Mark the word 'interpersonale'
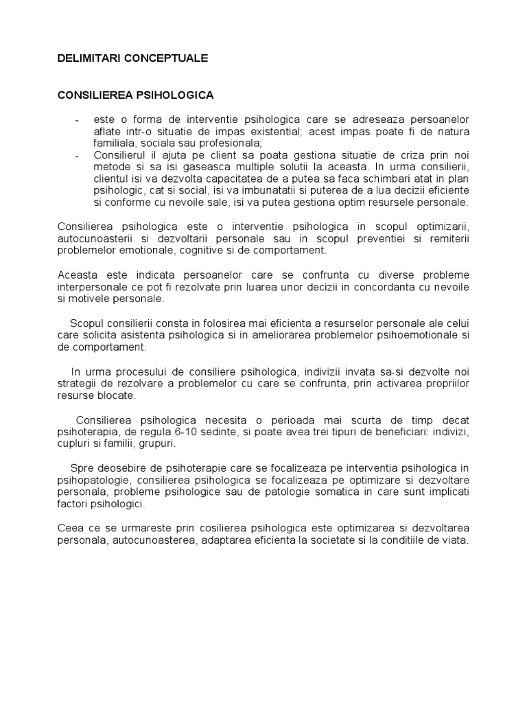tap(91, 286)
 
